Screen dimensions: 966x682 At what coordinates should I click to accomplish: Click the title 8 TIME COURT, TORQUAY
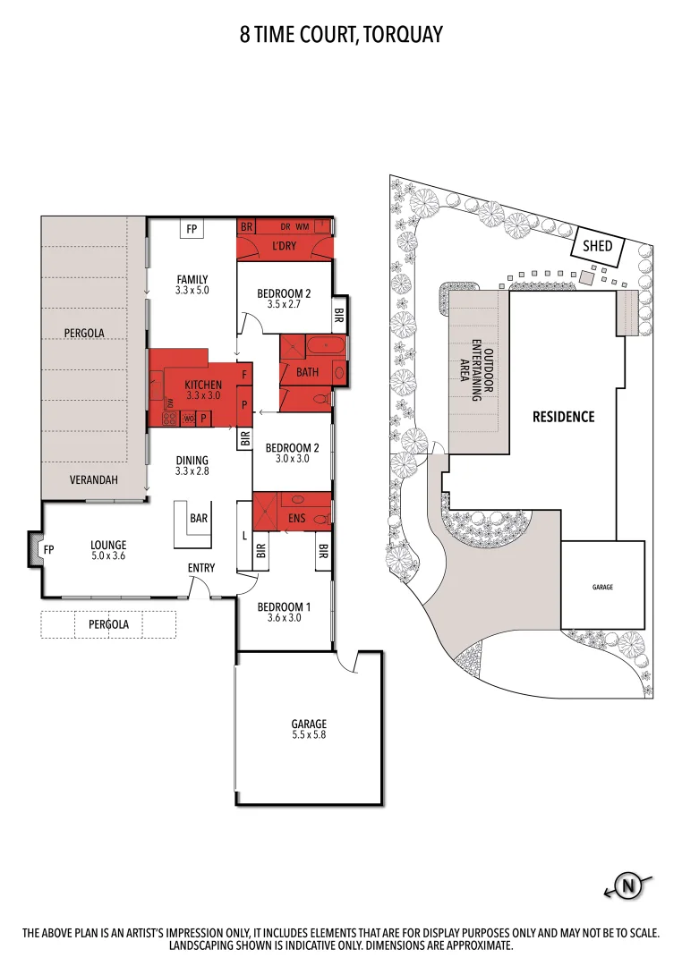[x=341, y=35]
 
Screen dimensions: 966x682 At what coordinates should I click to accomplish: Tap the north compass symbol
[x=629, y=886]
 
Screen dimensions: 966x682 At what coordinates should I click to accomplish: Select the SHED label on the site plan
[x=598, y=245]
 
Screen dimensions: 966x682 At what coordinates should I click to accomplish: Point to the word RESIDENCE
[x=563, y=417]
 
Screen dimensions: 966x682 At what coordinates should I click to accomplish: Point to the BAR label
[x=199, y=518]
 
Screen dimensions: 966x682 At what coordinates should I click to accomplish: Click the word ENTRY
[x=200, y=568]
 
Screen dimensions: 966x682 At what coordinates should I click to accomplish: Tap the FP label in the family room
[x=191, y=230]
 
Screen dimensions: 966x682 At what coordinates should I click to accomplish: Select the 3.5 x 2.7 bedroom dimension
[x=284, y=304]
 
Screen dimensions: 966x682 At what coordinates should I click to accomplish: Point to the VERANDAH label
[x=94, y=480]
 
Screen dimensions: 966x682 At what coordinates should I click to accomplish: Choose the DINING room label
[x=192, y=461]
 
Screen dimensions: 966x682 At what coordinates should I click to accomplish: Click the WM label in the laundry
[x=302, y=227]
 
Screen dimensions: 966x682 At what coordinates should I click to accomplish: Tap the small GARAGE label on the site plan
[x=602, y=587]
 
